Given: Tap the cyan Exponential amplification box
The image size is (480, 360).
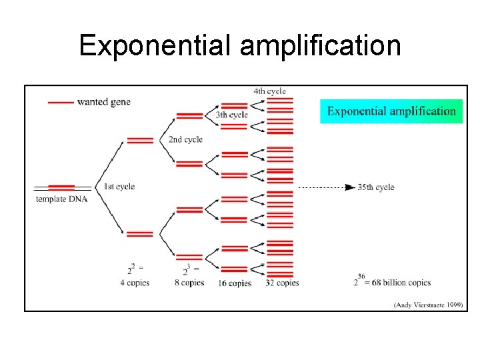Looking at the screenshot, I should click(391, 111).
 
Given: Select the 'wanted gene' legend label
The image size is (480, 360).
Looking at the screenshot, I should click(103, 102).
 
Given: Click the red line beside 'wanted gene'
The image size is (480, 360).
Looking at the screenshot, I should click(61, 102).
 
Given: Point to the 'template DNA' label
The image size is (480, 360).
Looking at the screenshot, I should click(61, 199).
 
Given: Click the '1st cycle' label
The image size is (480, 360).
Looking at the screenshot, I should click(119, 186).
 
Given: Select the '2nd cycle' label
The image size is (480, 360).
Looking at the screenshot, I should click(185, 139).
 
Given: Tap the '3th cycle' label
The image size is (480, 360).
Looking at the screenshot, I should click(231, 115).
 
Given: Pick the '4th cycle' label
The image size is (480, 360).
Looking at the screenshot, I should click(269, 91).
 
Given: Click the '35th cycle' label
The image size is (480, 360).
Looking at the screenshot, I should click(376, 187).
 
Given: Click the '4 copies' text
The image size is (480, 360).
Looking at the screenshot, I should click(135, 283).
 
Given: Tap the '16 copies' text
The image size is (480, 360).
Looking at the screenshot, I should click(235, 283).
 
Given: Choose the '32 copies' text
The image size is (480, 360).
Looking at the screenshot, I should click(283, 283).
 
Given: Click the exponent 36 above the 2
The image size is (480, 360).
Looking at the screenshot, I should click(361, 275).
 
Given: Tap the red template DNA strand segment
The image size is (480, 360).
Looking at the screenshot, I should click(61, 187).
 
